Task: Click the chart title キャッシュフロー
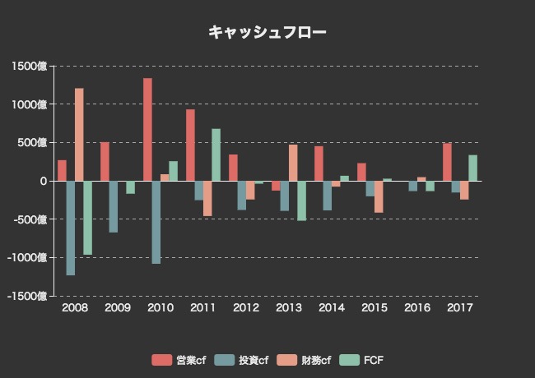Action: pyautogui.click(x=267, y=32)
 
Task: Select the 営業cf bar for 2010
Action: pyautogui.click(x=147, y=130)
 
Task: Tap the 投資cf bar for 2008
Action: pyautogui.click(x=71, y=228)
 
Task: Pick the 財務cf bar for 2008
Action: pyautogui.click(x=79, y=135)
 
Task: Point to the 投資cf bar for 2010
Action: pyautogui.click(x=156, y=222)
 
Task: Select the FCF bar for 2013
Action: pyautogui.click(x=301, y=201)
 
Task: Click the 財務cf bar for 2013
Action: pyautogui.click(x=293, y=163)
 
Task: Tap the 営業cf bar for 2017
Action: pyautogui.click(x=447, y=162)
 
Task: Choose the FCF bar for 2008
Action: pyautogui.click(x=88, y=218)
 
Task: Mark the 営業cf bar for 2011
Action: pyautogui.click(x=190, y=145)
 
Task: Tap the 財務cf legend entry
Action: pyautogui.click(x=305, y=360)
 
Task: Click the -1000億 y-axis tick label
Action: pyautogui.click(x=29, y=258)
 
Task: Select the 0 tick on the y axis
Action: pyautogui.click(x=44, y=182)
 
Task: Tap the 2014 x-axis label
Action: pyautogui.click(x=332, y=307)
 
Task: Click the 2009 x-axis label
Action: pyautogui.click(x=118, y=307)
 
